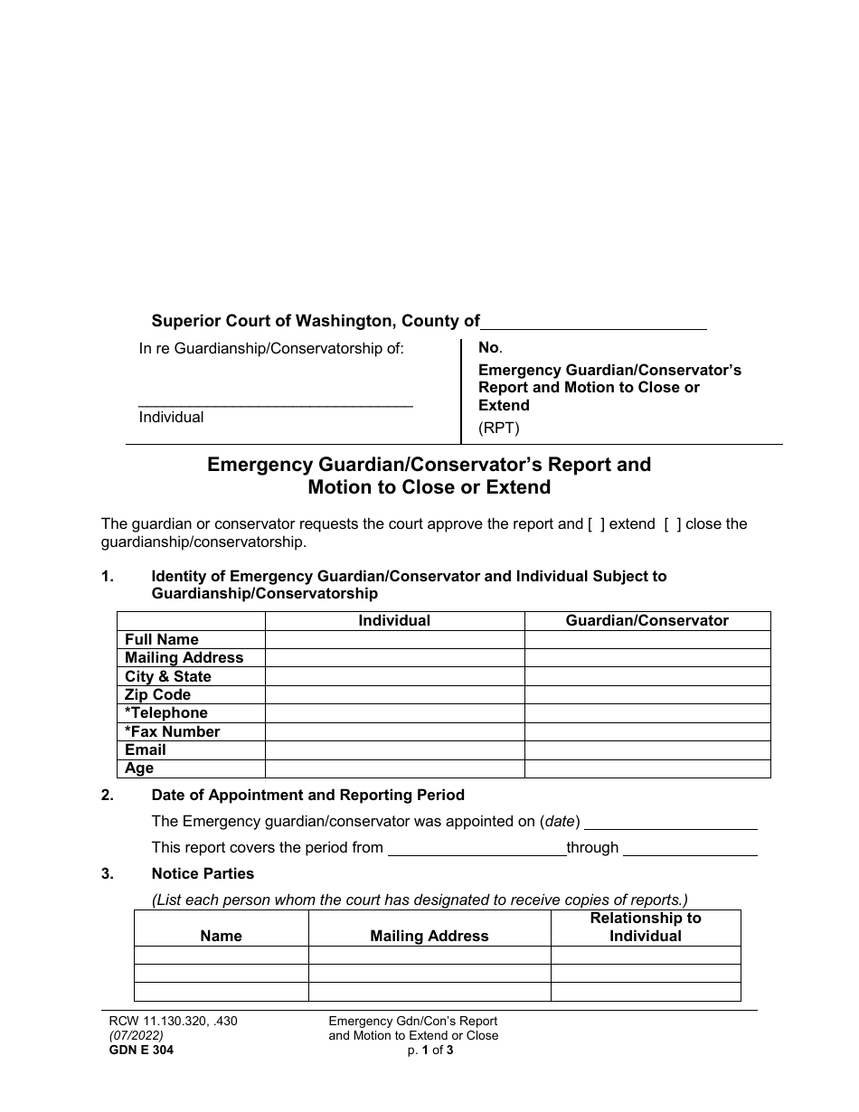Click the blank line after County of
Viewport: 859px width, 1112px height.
pyautogui.click(x=593, y=321)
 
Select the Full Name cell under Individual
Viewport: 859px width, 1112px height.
pyautogui.click(x=394, y=639)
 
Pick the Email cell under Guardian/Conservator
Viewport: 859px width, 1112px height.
pyautogui.click(x=647, y=749)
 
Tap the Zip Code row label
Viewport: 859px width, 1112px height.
pyautogui.click(x=158, y=694)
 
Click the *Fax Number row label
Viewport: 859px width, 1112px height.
pyautogui.click(x=173, y=731)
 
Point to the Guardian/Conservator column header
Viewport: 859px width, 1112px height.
pyautogui.click(x=647, y=620)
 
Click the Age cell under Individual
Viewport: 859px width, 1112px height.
pyautogui.click(x=394, y=768)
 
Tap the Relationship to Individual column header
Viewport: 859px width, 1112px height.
pyautogui.click(x=646, y=927)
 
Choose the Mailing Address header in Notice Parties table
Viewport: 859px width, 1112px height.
pyautogui.click(x=429, y=936)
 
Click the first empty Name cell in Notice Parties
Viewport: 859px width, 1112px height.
pyautogui.click(x=222, y=955)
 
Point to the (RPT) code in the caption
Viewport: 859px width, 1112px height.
pyautogui.click(x=499, y=429)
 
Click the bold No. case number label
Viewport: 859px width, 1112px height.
pyautogui.click(x=489, y=347)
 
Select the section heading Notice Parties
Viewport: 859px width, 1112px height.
pyautogui.click(x=203, y=873)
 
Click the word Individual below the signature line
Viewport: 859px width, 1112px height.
pyautogui.click(x=171, y=417)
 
